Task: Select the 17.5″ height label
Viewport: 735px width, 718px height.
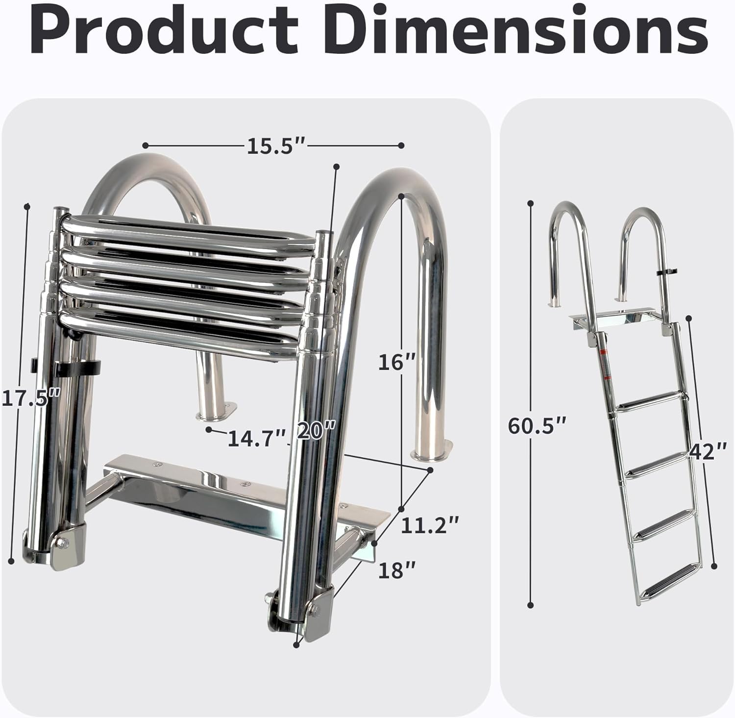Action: [x=31, y=397]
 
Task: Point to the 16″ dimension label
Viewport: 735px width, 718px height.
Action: [x=396, y=362]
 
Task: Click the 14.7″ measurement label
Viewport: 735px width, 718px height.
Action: [x=257, y=438]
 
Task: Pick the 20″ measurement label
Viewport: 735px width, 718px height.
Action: [x=317, y=432]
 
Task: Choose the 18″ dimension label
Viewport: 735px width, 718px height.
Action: [x=397, y=570]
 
